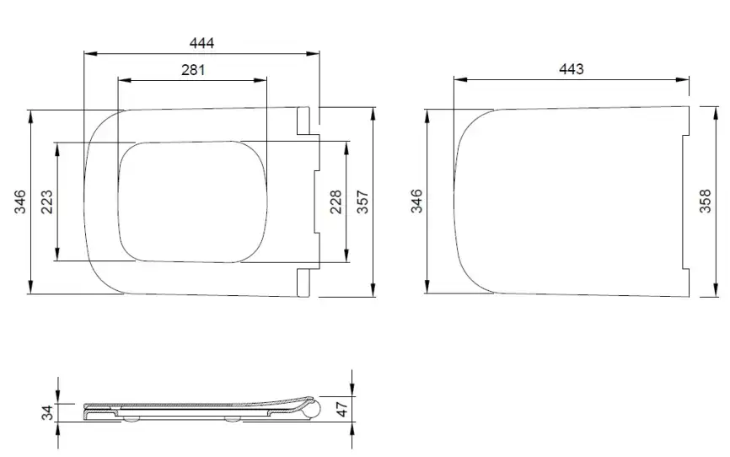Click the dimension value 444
pos(201,43)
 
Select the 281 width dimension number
pos(193,70)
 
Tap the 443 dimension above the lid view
pos(572,69)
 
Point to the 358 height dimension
pos(706,201)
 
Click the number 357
pos(362,202)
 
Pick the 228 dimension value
pos(335,202)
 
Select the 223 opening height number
pos(47,202)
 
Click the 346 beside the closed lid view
pos(416,201)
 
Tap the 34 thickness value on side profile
pos(47,412)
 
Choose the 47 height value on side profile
pos(342,409)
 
